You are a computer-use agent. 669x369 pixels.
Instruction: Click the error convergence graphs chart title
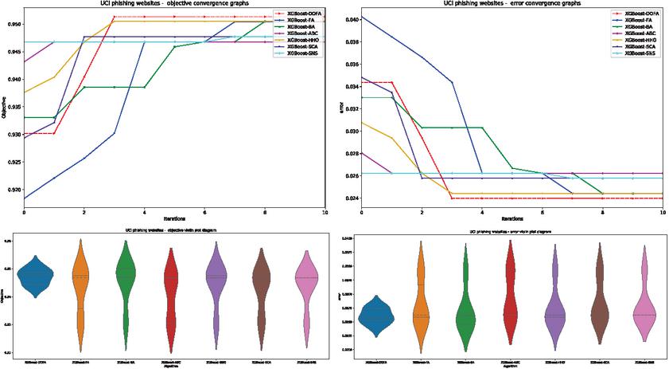click(513, 4)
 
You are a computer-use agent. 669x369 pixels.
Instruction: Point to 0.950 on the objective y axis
click(14, 25)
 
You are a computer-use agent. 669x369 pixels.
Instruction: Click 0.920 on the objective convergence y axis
click(14, 190)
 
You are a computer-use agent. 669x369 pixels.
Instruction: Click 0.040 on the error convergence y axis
click(351, 18)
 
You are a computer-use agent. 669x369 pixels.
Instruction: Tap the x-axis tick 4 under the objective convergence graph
click(143, 213)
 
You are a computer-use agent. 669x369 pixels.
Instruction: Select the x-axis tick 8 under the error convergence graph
click(603, 213)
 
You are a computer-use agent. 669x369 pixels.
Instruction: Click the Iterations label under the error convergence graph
click(512, 219)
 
